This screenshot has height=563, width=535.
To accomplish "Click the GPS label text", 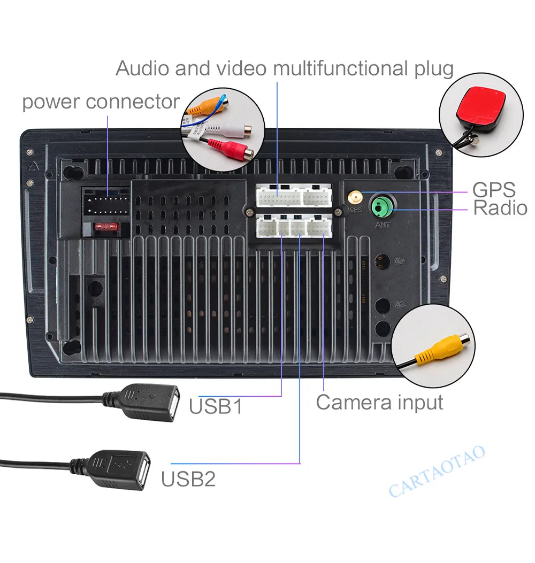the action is point(493,190).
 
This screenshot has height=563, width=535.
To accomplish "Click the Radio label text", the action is point(500,209).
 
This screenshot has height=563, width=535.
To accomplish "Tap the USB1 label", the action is point(216,406).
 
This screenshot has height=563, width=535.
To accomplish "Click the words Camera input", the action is point(379,402).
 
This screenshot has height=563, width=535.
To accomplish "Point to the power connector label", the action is point(101,102).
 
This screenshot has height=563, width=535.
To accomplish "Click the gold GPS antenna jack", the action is point(354,199).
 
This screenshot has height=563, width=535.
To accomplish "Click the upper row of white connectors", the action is point(294,196).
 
